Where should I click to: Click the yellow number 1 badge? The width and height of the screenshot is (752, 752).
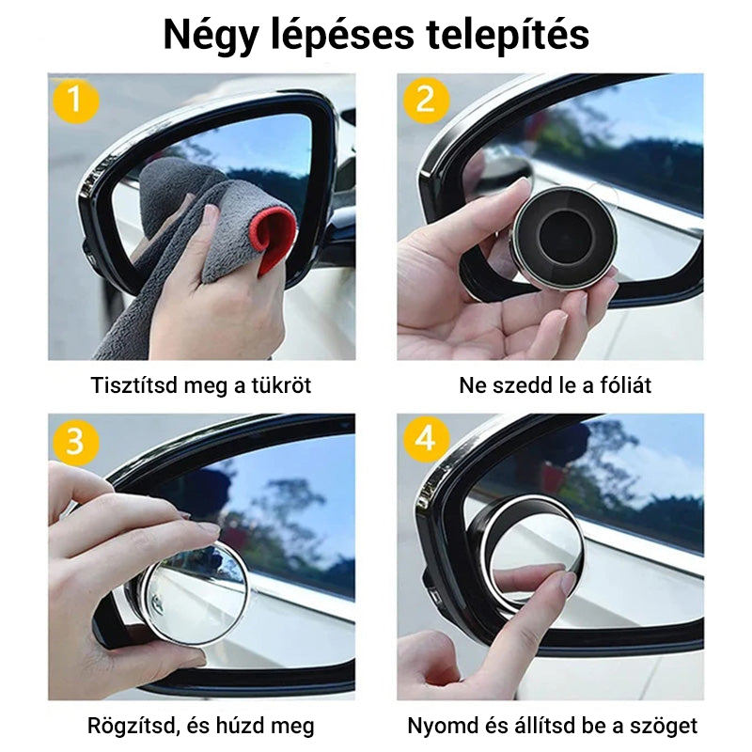76,101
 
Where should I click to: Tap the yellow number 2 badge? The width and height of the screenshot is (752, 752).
426,101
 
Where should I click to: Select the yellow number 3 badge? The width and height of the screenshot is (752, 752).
76,441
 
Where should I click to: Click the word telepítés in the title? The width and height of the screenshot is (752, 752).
508,35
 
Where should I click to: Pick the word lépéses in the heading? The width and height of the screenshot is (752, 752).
342,36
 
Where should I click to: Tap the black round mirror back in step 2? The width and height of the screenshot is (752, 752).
565,239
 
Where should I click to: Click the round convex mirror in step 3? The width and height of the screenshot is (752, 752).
196,595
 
